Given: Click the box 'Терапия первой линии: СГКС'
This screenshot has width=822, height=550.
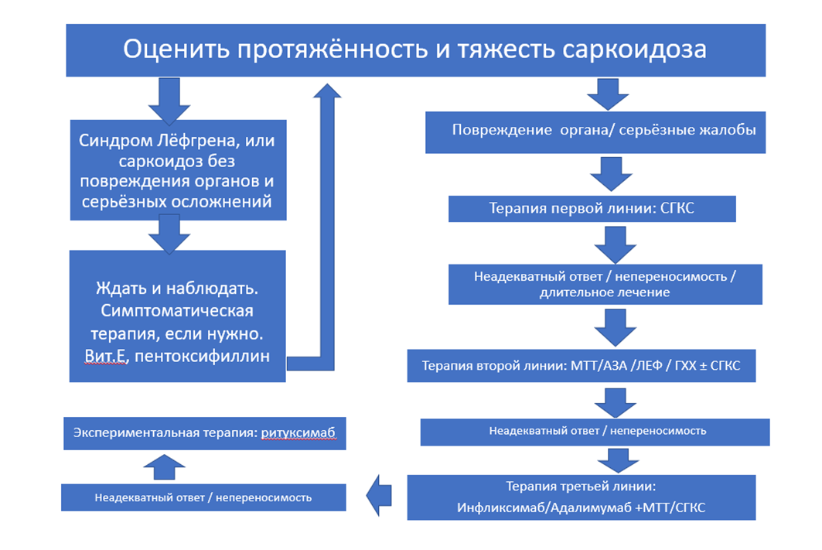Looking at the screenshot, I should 592,209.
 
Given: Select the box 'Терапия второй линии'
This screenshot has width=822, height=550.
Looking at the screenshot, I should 581,366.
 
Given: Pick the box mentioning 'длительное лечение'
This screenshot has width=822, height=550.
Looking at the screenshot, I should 605,284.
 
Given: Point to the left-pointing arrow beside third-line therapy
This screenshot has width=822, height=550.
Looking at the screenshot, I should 380,496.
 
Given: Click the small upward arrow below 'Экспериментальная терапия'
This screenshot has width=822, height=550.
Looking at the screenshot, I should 165,466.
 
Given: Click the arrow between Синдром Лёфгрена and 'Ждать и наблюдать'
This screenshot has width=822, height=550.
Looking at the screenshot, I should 169,232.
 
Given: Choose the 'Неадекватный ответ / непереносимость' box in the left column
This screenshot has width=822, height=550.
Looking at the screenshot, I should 203,497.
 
